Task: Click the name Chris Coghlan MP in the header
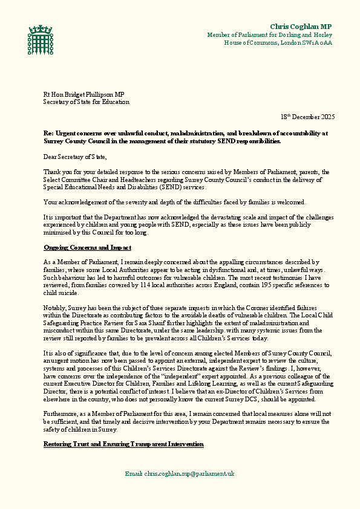point(301,26)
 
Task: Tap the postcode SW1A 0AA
point(318,43)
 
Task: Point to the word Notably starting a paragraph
point(54,308)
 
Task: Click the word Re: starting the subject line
point(48,132)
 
